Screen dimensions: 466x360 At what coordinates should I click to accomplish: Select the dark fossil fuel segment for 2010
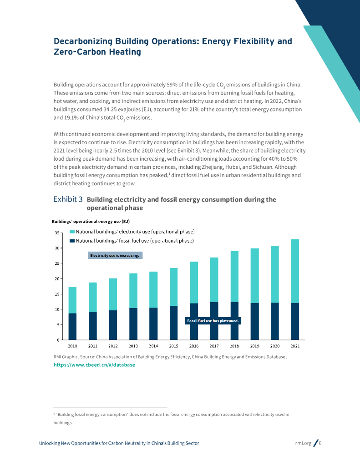click(72, 326)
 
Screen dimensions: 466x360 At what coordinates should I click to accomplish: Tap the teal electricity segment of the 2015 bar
click(173, 287)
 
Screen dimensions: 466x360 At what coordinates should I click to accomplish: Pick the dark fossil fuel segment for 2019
click(254, 321)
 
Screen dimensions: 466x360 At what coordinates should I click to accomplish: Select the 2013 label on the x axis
click(133, 346)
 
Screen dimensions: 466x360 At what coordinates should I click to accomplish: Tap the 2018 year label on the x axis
click(234, 346)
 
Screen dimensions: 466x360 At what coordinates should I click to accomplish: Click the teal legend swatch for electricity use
click(71, 232)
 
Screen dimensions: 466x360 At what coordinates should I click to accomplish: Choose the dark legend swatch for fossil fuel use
click(71, 240)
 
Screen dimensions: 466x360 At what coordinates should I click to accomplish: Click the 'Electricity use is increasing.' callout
click(115, 255)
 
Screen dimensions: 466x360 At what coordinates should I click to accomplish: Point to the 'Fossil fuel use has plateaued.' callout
click(213, 321)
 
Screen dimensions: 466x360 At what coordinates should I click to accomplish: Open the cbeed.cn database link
click(94, 365)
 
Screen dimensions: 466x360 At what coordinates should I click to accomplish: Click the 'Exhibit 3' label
click(68, 199)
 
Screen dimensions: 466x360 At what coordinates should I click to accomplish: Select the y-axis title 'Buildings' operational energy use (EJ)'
click(91, 222)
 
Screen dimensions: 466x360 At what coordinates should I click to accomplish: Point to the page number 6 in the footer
click(320, 443)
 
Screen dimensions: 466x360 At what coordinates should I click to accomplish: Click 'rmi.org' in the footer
click(304, 443)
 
